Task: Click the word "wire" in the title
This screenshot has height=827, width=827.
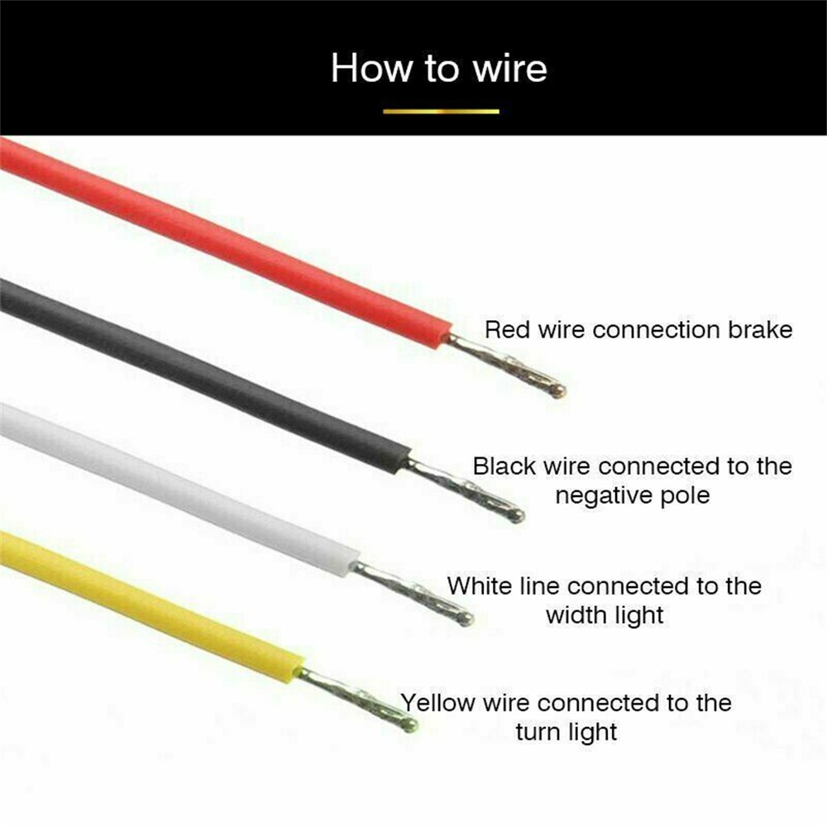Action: pyautogui.click(x=509, y=69)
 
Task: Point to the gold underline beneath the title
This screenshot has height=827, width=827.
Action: pyautogui.click(x=441, y=112)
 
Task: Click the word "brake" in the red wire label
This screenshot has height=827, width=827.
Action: pyautogui.click(x=760, y=330)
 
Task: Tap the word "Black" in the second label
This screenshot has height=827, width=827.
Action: pyautogui.click(x=504, y=466)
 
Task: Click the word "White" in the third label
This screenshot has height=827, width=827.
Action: pyautogui.click(x=480, y=586)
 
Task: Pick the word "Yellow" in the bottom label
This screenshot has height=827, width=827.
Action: pyautogui.click(x=438, y=703)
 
